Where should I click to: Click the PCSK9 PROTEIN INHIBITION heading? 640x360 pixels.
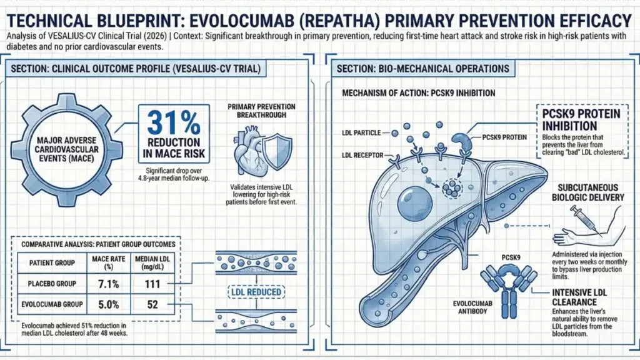pyautogui.click(x=579, y=119)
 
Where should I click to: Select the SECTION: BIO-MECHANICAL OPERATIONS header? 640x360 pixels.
pyautogui.click(x=423, y=69)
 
